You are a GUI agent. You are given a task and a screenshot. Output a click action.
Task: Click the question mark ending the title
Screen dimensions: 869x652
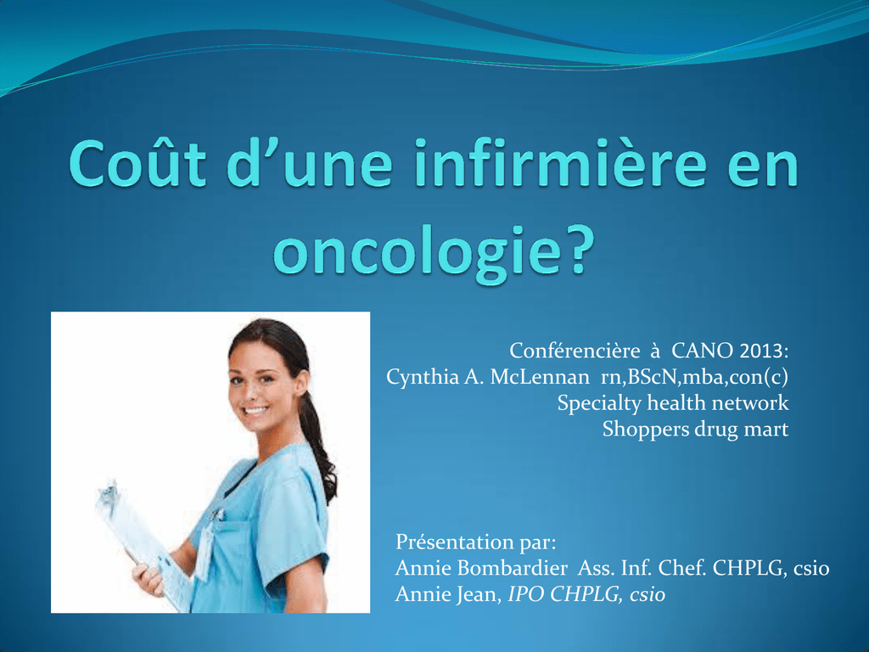(579, 250)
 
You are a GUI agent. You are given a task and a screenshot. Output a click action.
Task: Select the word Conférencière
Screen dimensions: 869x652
(575, 351)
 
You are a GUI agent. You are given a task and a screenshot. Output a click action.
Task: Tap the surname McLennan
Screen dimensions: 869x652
(540, 377)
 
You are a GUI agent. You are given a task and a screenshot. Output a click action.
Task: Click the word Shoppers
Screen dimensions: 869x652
(642, 430)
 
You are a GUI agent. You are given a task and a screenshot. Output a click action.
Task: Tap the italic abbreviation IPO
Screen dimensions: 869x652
(525, 594)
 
